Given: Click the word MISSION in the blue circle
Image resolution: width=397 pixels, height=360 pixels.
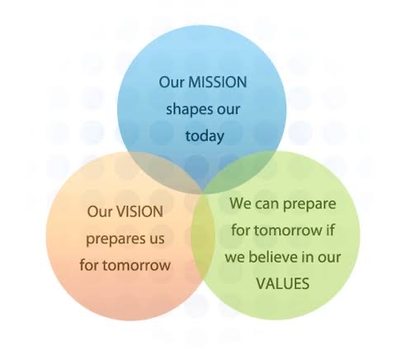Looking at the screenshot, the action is pyautogui.click(x=218, y=82).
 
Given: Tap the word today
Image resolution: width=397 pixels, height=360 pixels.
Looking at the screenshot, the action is pyautogui.click(x=205, y=135).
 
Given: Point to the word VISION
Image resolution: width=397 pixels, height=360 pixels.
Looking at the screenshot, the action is pyautogui.click(x=140, y=211).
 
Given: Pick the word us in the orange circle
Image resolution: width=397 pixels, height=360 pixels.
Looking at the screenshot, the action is pyautogui.click(x=155, y=239).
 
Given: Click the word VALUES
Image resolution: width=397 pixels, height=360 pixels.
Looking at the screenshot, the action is pyautogui.click(x=283, y=283).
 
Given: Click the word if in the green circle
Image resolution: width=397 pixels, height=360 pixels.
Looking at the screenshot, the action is pyautogui.click(x=330, y=230).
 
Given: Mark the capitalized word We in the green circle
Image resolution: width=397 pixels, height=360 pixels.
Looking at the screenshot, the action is pyautogui.click(x=240, y=203).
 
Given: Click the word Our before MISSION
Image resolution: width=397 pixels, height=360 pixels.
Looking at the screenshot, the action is pyautogui.click(x=172, y=82).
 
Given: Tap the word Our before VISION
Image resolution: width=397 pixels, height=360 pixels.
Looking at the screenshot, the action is pyautogui.click(x=100, y=211).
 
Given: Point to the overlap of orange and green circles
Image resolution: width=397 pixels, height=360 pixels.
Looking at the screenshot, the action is pyautogui.click(x=203, y=237).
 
